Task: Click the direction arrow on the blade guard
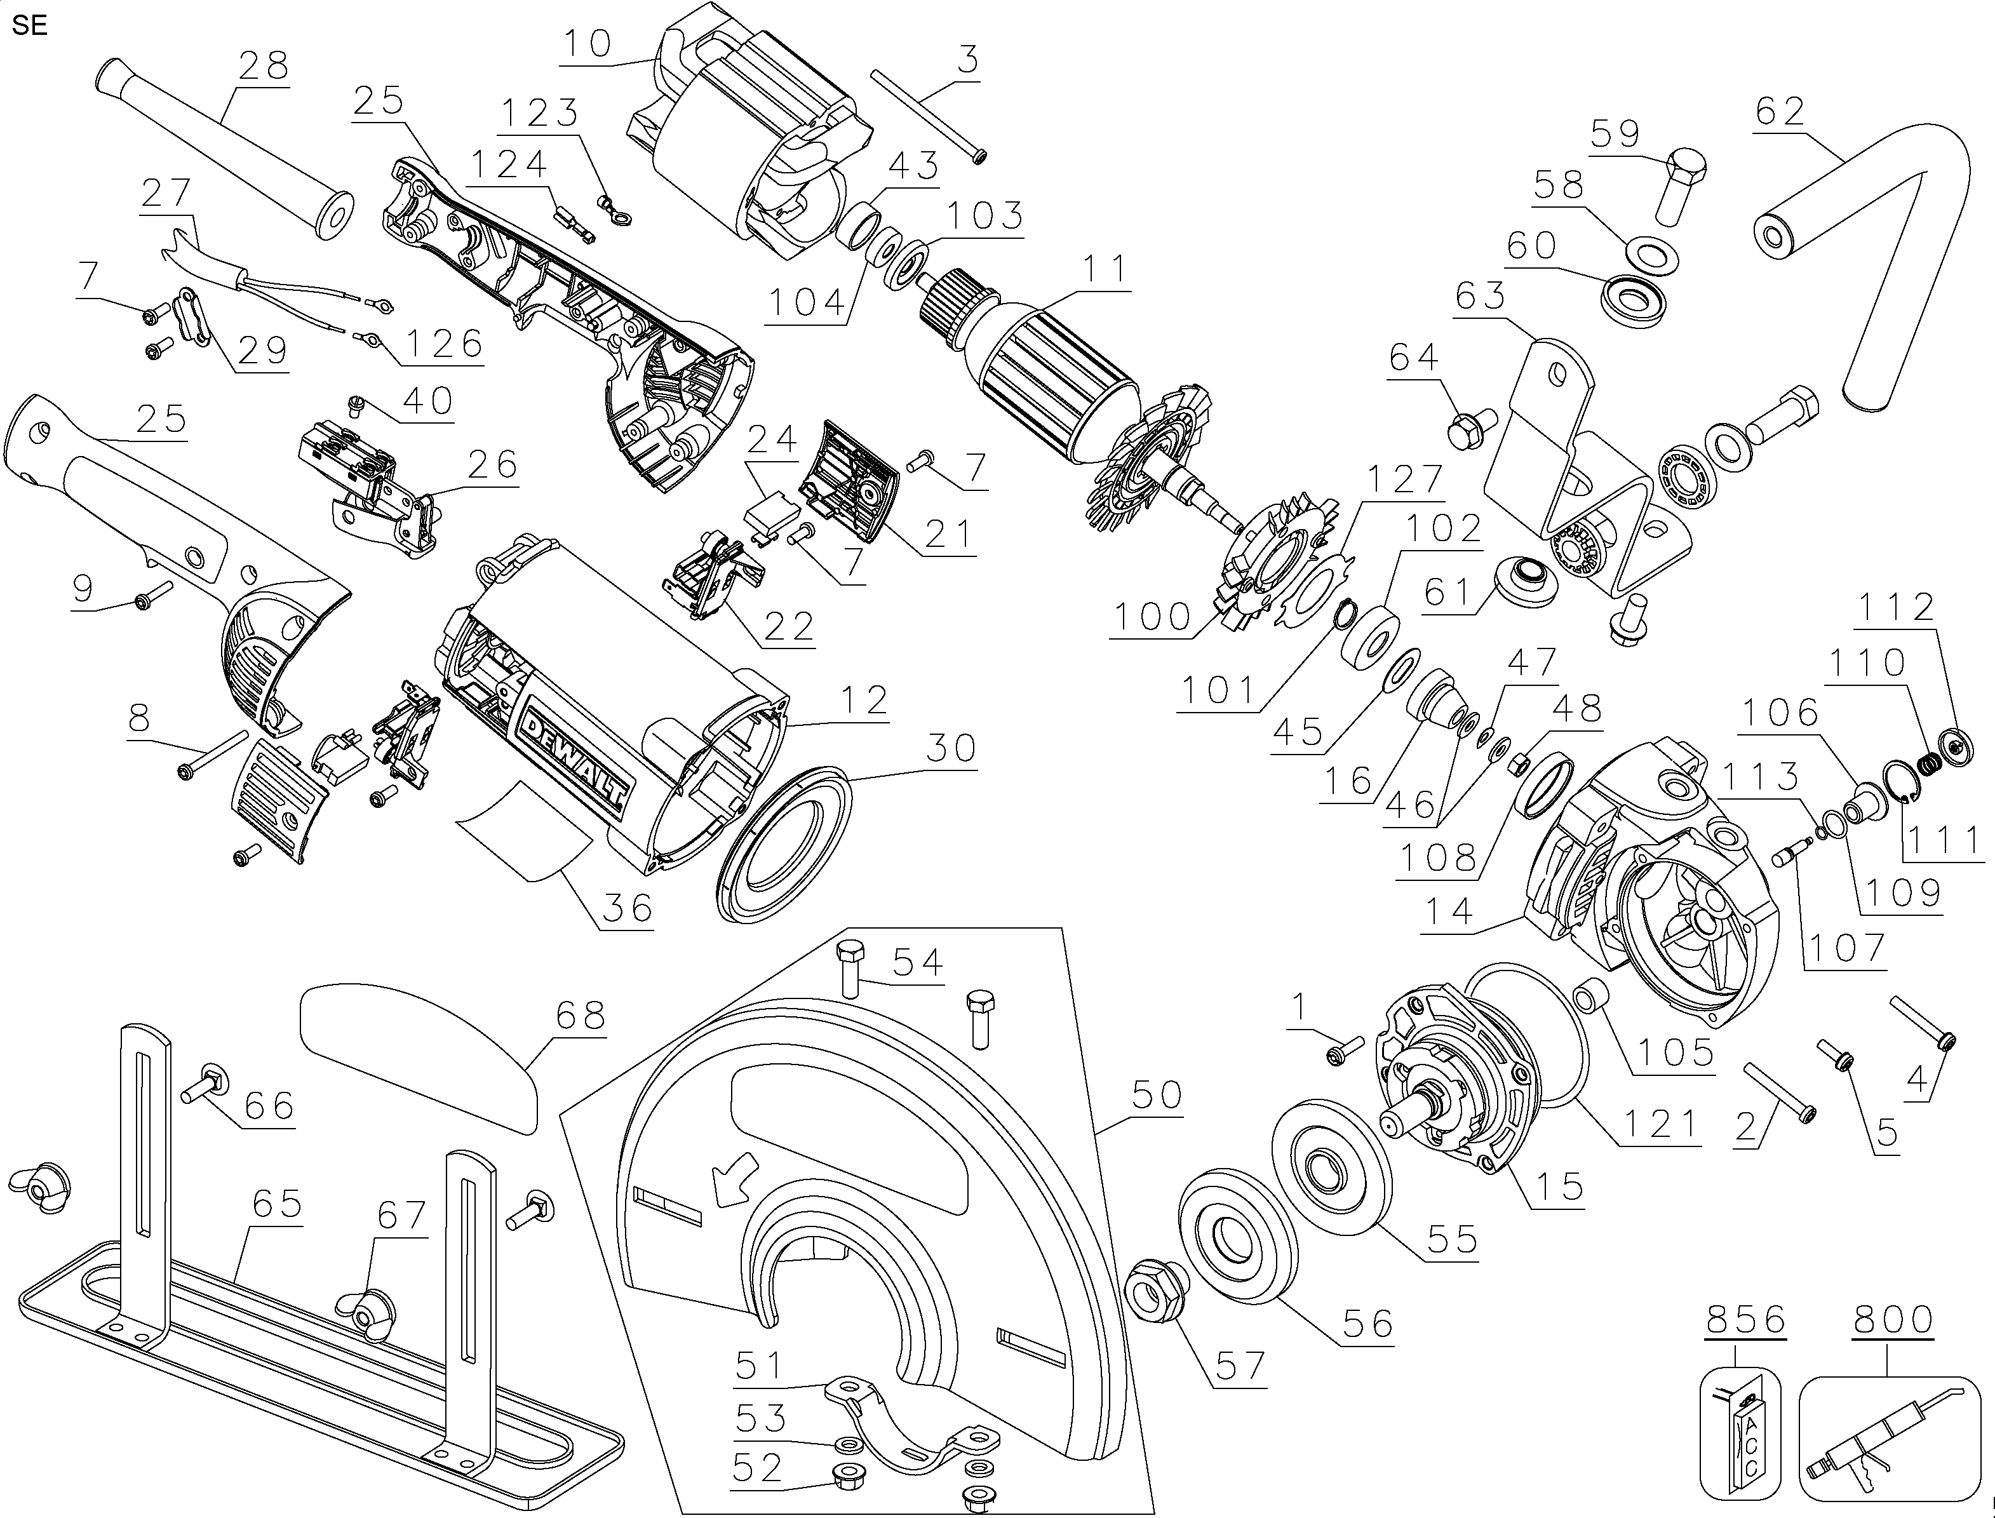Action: coord(734,1184)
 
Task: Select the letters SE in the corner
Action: coord(30,25)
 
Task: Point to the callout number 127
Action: coord(1404,480)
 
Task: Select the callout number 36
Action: coord(628,907)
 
